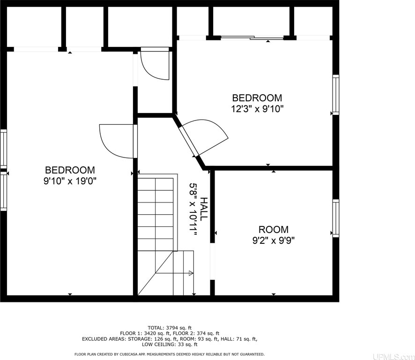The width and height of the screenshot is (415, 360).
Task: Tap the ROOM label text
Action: (x=274, y=229)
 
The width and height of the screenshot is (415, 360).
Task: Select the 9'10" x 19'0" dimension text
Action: (x=70, y=181)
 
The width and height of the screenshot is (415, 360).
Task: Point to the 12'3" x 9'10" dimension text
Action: (x=258, y=109)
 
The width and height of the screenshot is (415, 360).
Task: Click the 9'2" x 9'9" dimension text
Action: (x=274, y=240)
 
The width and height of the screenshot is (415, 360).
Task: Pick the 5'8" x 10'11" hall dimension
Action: (x=193, y=209)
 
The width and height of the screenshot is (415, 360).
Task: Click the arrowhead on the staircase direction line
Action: (x=191, y=273)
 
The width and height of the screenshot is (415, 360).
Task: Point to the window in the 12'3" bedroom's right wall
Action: (x=335, y=95)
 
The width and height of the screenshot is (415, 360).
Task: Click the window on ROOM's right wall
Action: (x=335, y=218)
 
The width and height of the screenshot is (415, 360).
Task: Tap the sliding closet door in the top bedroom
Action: (x=252, y=38)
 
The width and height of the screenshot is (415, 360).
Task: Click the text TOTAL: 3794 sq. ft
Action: (x=170, y=328)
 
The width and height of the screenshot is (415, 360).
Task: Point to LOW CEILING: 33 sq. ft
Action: (x=170, y=345)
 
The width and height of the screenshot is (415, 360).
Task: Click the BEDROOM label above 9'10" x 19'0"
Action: (x=70, y=170)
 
